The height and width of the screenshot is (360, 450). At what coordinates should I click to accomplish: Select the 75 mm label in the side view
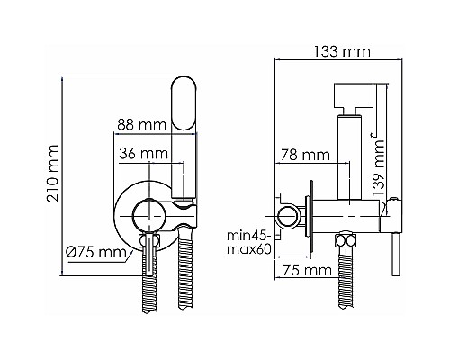(304, 269)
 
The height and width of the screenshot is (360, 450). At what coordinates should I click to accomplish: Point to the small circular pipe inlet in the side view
(288, 215)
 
